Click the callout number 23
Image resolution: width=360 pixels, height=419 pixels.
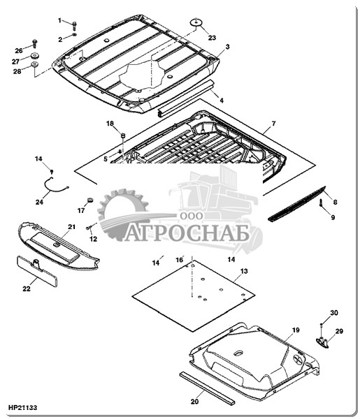(212, 38)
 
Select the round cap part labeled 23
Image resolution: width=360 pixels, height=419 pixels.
(196, 22)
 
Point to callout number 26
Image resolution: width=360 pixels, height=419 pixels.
(19, 50)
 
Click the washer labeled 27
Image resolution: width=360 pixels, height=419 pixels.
(35, 56)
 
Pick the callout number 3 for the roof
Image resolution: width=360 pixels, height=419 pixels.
(227, 47)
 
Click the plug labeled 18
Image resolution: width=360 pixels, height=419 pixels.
(123, 135)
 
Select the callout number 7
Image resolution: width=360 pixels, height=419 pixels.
(273, 124)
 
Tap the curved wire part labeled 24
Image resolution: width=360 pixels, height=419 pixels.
(56, 186)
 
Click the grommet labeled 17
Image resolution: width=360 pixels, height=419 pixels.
(90, 200)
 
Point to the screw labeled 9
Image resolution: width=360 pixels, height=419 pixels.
(321, 203)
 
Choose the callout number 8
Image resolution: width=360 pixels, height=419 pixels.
(335, 203)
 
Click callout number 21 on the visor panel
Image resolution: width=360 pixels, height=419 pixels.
(71, 227)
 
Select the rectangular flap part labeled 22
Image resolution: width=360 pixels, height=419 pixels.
(37, 271)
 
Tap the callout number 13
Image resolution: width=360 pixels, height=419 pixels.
(244, 271)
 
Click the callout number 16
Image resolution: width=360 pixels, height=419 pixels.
(180, 260)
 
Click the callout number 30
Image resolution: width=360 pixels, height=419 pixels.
(334, 313)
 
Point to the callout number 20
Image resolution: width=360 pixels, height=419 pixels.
(194, 402)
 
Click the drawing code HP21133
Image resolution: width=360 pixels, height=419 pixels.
(23, 408)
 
